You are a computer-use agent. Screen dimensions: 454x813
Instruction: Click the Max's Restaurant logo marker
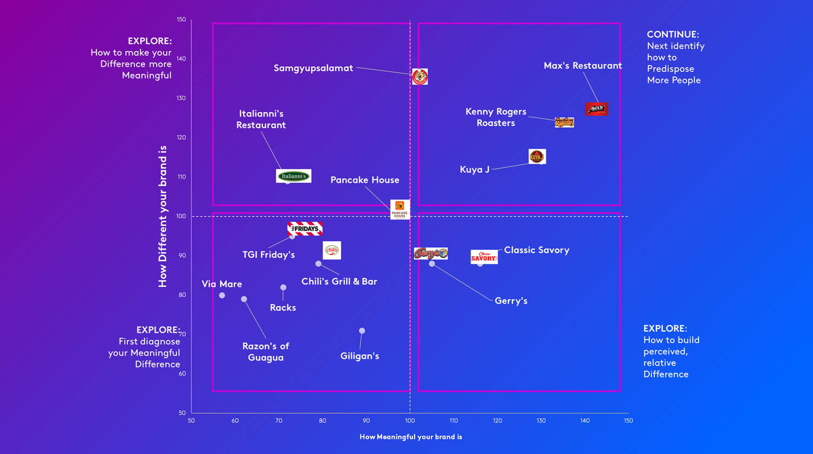(x=596, y=109)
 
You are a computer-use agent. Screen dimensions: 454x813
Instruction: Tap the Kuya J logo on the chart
(x=537, y=157)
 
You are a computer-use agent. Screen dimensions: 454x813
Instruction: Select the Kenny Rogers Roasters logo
(x=564, y=122)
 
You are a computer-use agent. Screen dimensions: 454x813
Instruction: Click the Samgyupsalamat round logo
(x=420, y=76)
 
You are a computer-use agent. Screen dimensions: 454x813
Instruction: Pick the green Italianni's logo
(x=294, y=176)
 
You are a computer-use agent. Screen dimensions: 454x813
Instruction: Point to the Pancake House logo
(x=400, y=209)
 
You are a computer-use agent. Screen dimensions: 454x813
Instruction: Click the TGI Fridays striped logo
(x=305, y=229)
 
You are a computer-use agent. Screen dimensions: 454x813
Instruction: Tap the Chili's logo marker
(x=332, y=250)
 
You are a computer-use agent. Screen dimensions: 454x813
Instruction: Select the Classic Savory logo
(x=484, y=257)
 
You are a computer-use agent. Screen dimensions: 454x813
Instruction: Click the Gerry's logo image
(x=431, y=254)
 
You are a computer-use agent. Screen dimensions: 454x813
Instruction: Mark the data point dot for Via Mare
(x=222, y=295)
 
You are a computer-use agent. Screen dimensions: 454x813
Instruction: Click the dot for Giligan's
(x=362, y=330)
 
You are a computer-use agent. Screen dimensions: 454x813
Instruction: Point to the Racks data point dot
(x=283, y=288)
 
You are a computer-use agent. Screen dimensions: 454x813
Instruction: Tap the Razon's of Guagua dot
(x=244, y=299)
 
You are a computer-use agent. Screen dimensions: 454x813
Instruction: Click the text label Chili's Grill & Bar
(x=339, y=281)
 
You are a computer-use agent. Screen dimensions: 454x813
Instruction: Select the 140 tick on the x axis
(x=585, y=420)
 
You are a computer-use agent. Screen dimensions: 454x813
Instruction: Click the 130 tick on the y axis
(x=181, y=98)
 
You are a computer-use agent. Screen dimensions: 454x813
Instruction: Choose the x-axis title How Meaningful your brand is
(x=411, y=437)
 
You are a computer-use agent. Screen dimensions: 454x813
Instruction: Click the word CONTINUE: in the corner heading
(x=673, y=34)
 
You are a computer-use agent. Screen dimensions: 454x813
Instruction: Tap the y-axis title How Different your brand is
(x=163, y=216)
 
